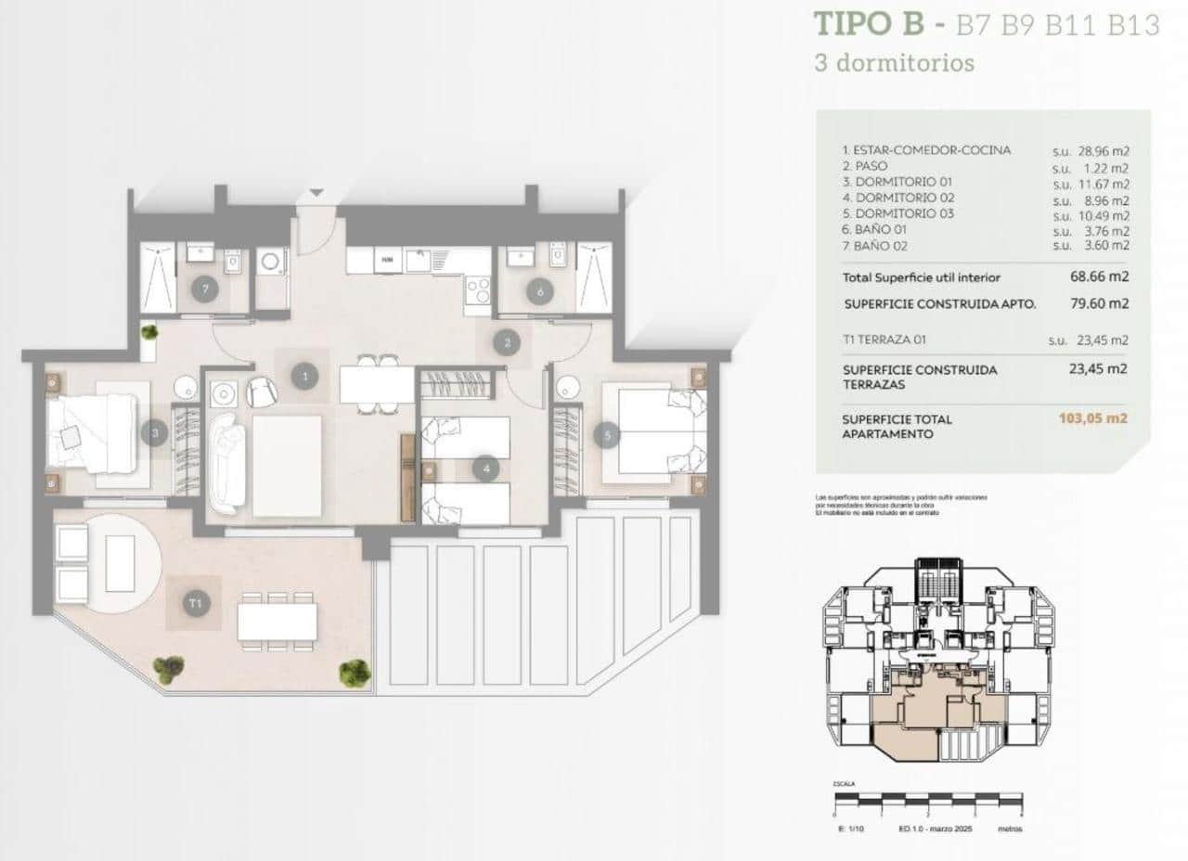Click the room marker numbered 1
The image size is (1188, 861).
pos(303,376)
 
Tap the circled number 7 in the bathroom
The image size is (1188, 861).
pos(205,289)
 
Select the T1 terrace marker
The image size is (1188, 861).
pos(195,604)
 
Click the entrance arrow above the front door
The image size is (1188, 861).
pos(316,192)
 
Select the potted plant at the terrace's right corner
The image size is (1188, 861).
pos(354,671)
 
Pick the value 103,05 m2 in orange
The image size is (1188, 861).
pos(1092,418)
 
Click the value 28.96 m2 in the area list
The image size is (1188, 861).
pos(1102,150)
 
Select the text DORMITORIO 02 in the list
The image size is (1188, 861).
pos(892,198)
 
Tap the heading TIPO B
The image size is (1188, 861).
pos(869,24)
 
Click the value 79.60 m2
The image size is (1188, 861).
pos(1099,303)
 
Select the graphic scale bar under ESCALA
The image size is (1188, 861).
pos(927,797)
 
